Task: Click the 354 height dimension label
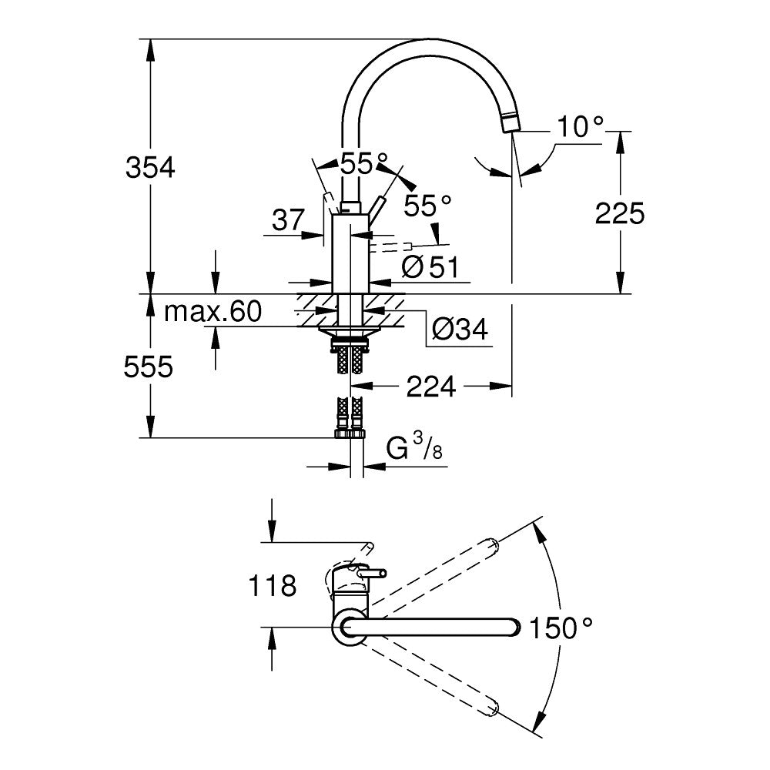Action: pyautogui.click(x=151, y=167)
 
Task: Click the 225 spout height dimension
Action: pyautogui.click(x=619, y=213)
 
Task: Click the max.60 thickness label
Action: pyautogui.click(x=213, y=312)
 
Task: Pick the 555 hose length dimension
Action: pyautogui.click(x=149, y=367)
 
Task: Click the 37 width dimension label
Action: pyautogui.click(x=289, y=221)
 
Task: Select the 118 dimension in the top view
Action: pyautogui.click(x=272, y=587)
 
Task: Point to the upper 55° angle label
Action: pyautogui.click(x=363, y=164)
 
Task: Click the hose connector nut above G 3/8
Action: pyautogui.click(x=350, y=433)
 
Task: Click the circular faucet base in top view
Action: pyautogui.click(x=348, y=628)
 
